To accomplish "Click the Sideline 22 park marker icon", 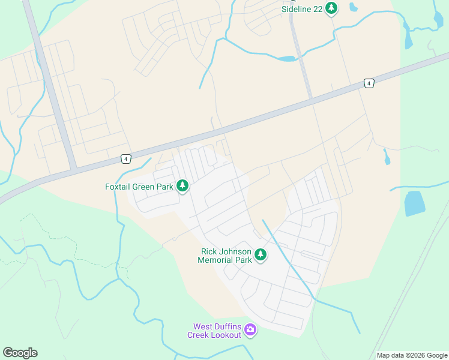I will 331,8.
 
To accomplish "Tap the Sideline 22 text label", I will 301,8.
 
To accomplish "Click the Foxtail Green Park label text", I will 139,187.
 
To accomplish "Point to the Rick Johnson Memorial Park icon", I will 261,255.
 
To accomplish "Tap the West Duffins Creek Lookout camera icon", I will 250,329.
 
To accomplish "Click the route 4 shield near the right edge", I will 369,83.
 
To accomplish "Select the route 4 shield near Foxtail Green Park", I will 125,158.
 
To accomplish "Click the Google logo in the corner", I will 20,353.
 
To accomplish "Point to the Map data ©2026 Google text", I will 412,355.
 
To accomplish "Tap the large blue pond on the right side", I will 414,203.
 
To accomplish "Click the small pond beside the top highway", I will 287,59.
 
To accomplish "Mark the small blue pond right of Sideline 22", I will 353,8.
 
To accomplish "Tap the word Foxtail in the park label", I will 118,187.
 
